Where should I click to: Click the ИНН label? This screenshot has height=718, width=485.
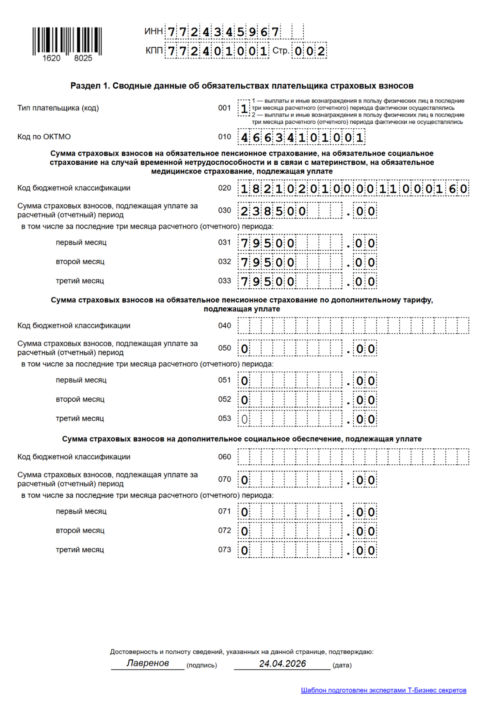(x=154, y=31)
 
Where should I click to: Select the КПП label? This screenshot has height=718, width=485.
(x=154, y=51)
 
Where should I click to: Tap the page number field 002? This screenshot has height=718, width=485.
(x=309, y=51)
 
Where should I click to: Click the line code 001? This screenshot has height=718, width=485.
(x=225, y=108)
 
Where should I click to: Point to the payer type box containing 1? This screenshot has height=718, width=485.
(x=244, y=108)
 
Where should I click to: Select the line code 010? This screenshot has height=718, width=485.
(x=225, y=137)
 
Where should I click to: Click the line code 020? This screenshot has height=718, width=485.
(x=225, y=188)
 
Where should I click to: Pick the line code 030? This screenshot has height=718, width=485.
(x=225, y=211)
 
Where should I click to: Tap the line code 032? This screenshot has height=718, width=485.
(x=225, y=262)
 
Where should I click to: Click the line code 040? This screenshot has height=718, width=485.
(x=225, y=326)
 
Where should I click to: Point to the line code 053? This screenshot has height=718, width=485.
(x=225, y=419)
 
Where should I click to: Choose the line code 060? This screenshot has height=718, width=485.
(x=225, y=457)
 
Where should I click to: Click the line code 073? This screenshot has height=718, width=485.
(x=225, y=550)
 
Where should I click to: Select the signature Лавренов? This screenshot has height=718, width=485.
(x=148, y=663)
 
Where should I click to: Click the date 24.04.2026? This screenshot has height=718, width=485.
(x=282, y=663)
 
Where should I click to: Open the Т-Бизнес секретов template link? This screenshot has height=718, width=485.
(x=384, y=690)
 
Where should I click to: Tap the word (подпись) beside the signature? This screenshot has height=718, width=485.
(x=201, y=665)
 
